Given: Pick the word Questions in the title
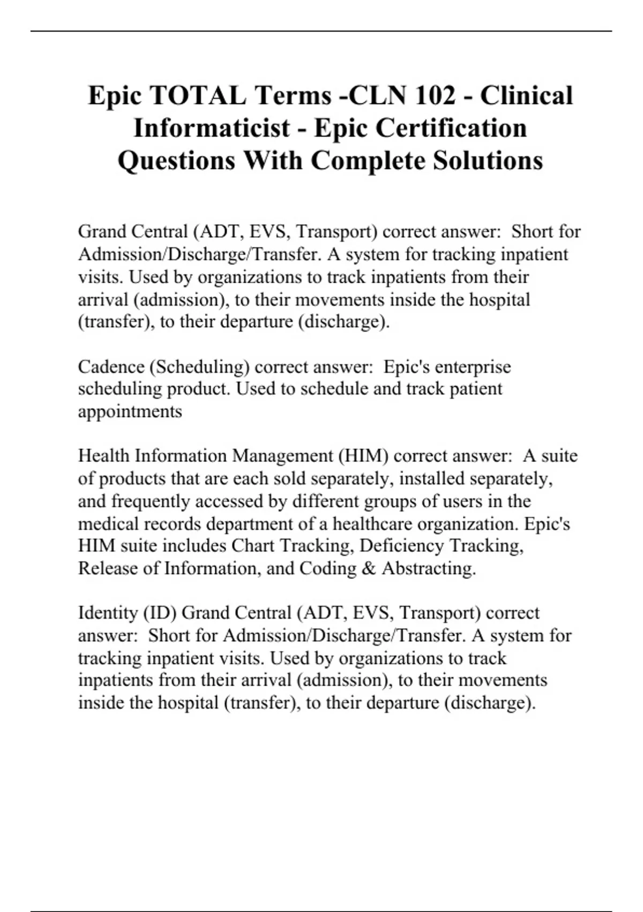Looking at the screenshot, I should [x=176, y=160].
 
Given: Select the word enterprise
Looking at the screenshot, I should [x=473, y=367].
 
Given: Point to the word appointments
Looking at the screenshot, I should [x=130, y=411].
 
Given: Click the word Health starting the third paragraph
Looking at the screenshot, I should [x=104, y=456].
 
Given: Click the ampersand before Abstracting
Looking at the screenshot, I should [x=369, y=568].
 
